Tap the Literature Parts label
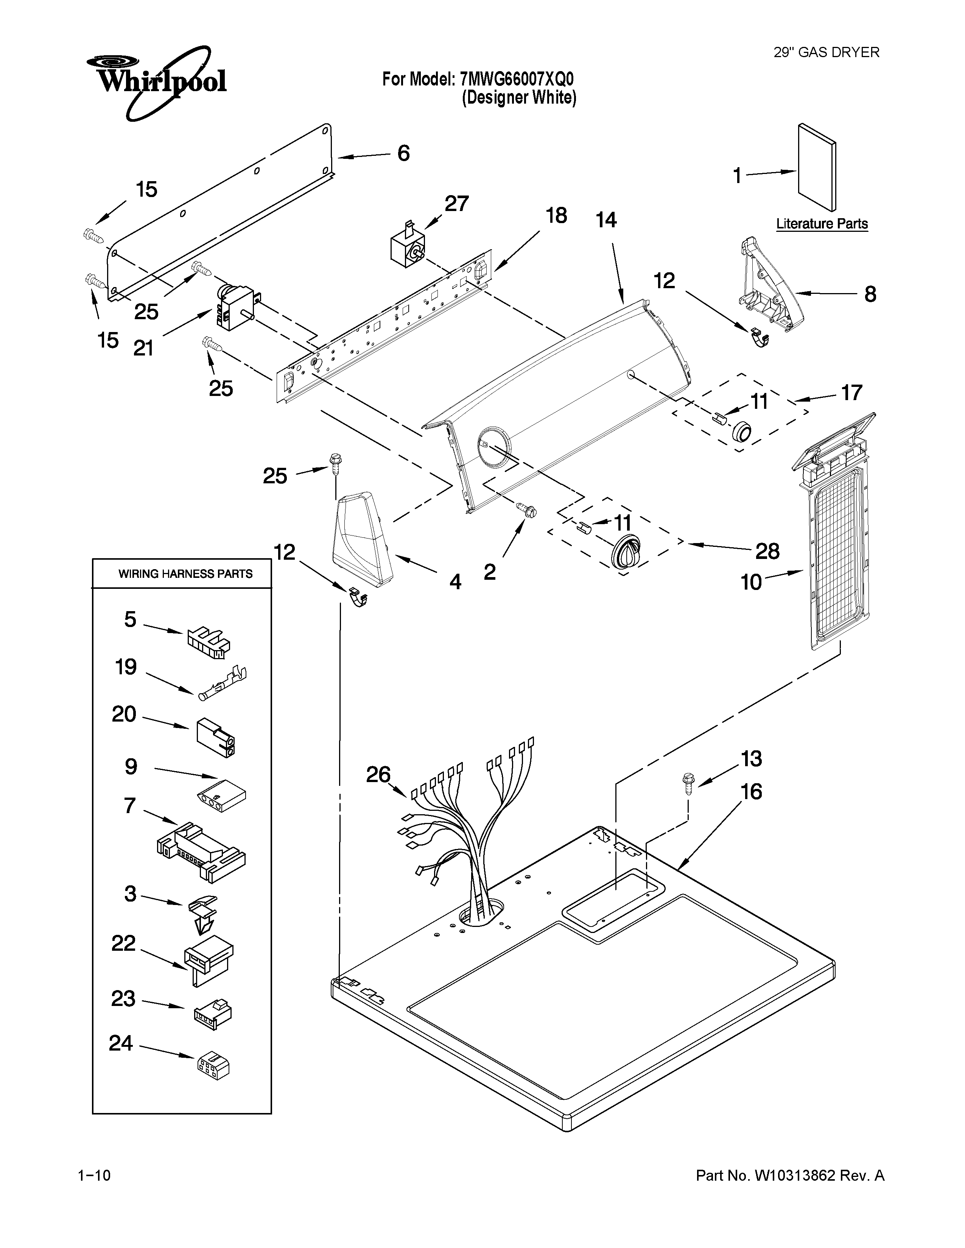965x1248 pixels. [x=822, y=224]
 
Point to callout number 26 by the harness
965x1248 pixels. [x=378, y=775]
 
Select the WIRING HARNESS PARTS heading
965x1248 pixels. [x=185, y=574]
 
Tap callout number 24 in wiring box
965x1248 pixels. [x=121, y=1043]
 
